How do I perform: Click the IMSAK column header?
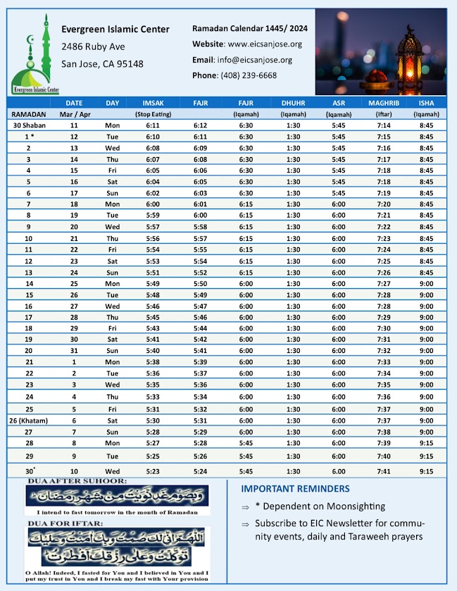point(154,103)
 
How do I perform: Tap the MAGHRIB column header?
point(384,103)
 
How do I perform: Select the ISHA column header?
point(427,103)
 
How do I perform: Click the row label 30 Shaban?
point(29,125)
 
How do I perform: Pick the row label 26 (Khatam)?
point(29,421)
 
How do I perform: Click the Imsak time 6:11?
point(154,125)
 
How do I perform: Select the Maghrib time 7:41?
point(384,471)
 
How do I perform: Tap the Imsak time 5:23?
point(154,471)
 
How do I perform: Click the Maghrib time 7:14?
point(384,125)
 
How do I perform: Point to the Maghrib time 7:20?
point(384,204)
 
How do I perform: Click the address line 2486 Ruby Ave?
point(93,46)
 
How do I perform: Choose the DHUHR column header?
point(293,103)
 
